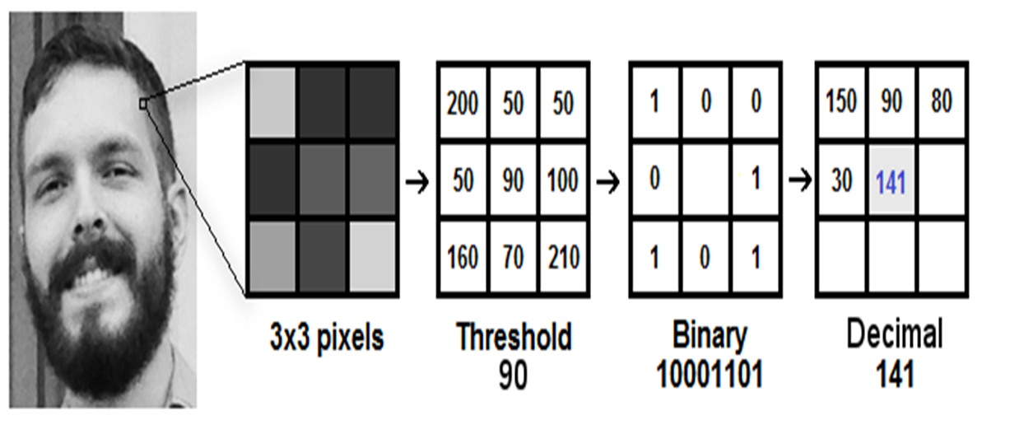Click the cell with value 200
[x=463, y=105]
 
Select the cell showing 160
[x=463, y=257]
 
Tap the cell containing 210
[x=563, y=257]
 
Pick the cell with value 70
[x=514, y=257]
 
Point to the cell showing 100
[x=563, y=180]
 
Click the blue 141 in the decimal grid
[x=891, y=181]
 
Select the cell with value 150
[x=840, y=103]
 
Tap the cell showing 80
[x=941, y=103]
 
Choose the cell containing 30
[x=840, y=180]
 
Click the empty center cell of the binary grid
[x=705, y=180]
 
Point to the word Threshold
[x=513, y=337]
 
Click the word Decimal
[x=895, y=337]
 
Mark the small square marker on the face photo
[x=143, y=104]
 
